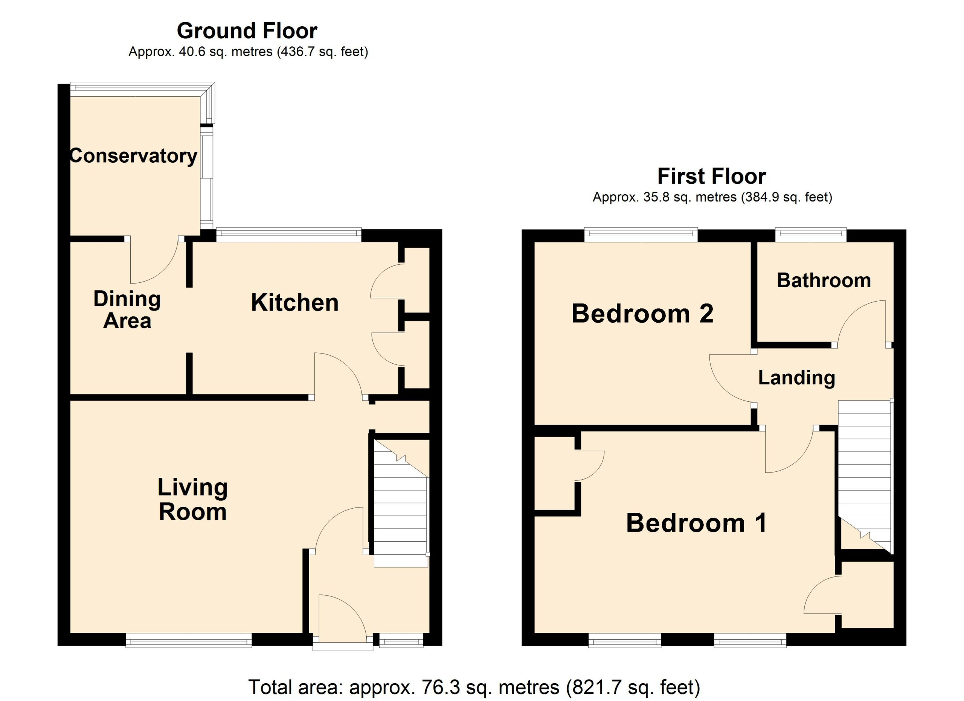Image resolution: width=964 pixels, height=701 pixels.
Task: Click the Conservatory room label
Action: coord(133,156)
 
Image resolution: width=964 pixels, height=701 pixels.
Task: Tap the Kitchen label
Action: coord(294,303)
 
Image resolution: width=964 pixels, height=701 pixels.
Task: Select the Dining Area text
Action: coord(127,310)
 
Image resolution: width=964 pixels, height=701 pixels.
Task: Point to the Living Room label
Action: coord(192,499)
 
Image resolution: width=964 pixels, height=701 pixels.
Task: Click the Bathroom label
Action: coord(824,280)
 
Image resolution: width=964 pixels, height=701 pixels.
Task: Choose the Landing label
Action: coord(796,378)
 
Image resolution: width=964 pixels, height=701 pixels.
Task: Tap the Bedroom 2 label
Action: coord(642,314)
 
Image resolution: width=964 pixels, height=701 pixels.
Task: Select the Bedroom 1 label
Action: coord(697,523)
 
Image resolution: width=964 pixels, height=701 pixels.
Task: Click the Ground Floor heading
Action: coord(247,30)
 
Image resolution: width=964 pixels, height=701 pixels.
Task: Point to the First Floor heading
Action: coord(712,176)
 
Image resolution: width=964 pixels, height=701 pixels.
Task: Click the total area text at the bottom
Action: coord(474,687)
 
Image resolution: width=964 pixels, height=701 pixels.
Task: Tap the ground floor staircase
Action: coord(401,503)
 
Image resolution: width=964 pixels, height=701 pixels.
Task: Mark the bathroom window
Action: coord(811,235)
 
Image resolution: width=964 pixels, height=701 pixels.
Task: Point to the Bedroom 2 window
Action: coord(641,235)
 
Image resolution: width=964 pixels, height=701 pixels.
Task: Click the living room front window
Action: coord(189,640)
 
